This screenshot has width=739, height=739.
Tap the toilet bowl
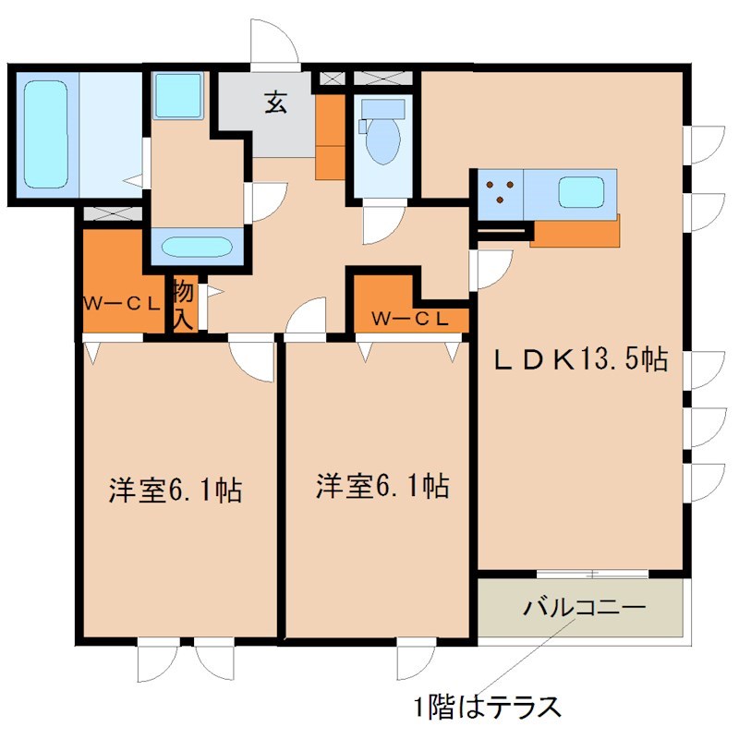pyautogui.click(x=381, y=144)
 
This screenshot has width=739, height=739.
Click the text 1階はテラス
pyautogui.click(x=487, y=708)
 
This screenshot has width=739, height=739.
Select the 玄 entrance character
pyautogui.click(x=275, y=101)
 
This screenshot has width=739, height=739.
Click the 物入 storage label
pyautogui.click(x=182, y=306)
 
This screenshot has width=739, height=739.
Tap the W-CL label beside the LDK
pyautogui.click(x=411, y=319)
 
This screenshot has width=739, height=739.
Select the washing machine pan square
pyautogui.click(x=177, y=95)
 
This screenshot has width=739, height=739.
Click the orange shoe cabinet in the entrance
pyautogui.click(x=329, y=136)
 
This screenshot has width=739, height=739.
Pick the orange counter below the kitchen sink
pyautogui.click(x=575, y=232)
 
